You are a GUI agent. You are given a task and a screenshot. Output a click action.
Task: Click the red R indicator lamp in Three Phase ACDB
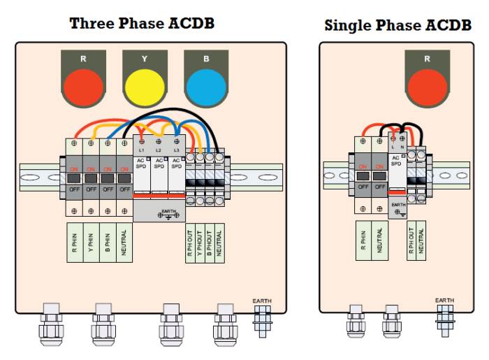[83, 87]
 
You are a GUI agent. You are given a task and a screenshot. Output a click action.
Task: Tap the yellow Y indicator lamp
[145, 87]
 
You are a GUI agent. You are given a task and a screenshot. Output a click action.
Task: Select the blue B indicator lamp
[206, 87]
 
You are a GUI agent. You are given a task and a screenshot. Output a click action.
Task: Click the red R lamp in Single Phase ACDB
[427, 87]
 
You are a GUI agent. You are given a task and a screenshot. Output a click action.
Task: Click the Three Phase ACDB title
[142, 23]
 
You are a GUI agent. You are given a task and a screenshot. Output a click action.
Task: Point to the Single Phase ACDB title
[397, 26]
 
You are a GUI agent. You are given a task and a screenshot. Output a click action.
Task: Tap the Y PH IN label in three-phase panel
[91, 243]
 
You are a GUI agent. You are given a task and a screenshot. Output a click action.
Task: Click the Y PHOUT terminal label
[200, 243]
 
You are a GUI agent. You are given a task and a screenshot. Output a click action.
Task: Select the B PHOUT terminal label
[210, 243]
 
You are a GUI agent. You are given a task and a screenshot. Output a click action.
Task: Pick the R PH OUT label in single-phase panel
[411, 241]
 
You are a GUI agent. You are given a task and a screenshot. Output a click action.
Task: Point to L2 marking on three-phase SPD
[159, 151]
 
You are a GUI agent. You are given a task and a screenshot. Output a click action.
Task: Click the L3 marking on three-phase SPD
[177, 151]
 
